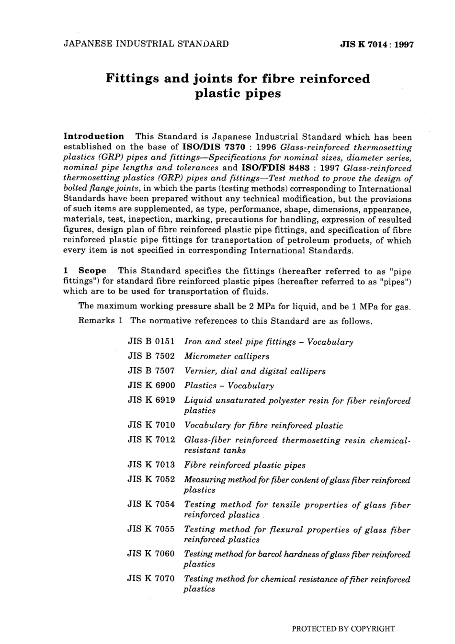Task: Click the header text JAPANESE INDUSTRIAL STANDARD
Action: (146, 44)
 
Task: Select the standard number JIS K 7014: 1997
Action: (376, 45)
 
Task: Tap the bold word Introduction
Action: (94, 136)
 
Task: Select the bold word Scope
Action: (92, 271)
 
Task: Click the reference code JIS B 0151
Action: (151, 342)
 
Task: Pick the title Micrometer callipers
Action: (227, 356)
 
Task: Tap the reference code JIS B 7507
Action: (151, 371)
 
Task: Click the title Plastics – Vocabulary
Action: (229, 385)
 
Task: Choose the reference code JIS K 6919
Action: (151, 400)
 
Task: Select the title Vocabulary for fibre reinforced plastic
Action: (263, 425)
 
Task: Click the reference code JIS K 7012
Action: (151, 440)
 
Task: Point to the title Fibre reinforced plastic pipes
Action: (245, 465)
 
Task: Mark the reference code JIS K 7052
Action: (151, 479)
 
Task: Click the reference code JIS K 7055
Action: (151, 529)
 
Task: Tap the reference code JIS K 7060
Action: (151, 554)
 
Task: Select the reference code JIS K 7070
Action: (151, 578)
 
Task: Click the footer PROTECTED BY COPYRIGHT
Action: (343, 629)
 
